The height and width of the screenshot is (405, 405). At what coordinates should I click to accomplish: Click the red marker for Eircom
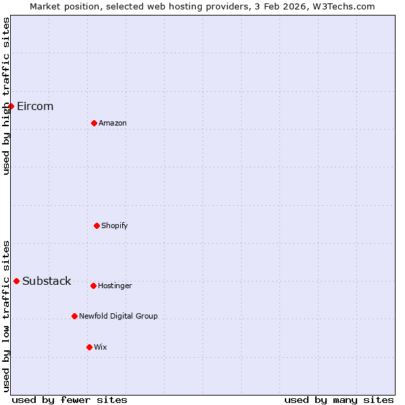(11, 106)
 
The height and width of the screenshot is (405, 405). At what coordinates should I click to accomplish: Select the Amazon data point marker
(94, 123)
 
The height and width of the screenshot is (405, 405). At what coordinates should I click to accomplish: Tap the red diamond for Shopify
(97, 225)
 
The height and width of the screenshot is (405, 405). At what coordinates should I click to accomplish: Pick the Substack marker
(16, 281)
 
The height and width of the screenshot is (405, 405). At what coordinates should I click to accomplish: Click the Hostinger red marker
(93, 286)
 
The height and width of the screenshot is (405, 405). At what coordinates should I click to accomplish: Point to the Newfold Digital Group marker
(74, 316)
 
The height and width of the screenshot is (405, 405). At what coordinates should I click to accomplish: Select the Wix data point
(89, 347)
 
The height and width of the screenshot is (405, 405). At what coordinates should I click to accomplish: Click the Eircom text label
(35, 107)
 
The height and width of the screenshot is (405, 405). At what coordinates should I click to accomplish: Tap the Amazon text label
(113, 124)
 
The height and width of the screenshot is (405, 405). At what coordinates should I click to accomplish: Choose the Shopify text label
(115, 226)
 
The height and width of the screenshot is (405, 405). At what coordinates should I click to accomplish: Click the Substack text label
(47, 281)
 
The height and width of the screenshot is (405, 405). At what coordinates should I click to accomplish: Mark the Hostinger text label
(115, 286)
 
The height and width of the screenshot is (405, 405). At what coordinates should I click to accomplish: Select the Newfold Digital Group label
(118, 317)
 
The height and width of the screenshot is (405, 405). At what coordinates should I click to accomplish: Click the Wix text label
(101, 348)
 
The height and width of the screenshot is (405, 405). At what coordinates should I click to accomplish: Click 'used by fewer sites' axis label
(70, 400)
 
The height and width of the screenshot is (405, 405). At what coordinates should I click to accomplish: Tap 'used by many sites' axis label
(339, 400)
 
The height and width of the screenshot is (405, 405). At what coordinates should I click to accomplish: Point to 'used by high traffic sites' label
(6, 96)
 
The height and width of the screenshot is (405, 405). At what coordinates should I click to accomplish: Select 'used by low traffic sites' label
(6, 316)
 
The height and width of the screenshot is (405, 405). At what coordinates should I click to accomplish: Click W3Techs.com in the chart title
(343, 6)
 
